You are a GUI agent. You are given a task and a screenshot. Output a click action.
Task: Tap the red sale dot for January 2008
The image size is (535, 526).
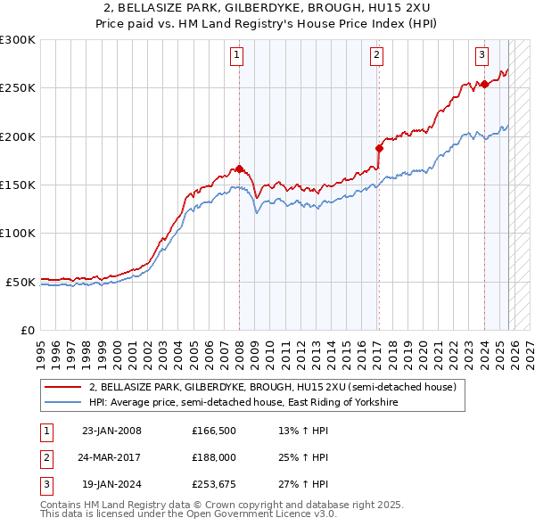click(x=239, y=168)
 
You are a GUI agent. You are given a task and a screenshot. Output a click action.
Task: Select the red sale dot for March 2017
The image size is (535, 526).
click(x=379, y=148)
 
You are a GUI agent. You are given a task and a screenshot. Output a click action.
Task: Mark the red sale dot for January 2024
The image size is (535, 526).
click(x=484, y=85)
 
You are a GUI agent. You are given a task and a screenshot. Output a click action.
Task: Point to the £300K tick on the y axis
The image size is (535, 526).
click(x=18, y=40)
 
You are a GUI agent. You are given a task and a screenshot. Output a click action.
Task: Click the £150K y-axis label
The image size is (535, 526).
click(x=18, y=185)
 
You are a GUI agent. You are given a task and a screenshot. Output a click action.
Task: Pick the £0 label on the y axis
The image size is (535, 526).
click(x=27, y=330)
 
